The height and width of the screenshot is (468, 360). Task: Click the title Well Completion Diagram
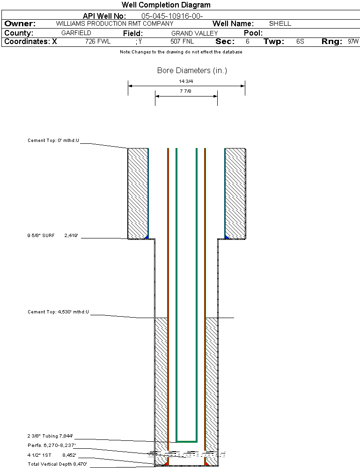click(x=166, y=5)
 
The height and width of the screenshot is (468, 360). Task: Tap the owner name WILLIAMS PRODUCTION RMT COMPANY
click(x=114, y=23)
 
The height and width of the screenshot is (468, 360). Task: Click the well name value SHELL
click(x=280, y=23)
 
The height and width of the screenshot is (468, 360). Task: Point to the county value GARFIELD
click(x=76, y=33)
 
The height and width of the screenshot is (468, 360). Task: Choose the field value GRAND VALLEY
click(x=194, y=33)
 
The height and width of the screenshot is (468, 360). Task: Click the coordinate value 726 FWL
click(x=98, y=42)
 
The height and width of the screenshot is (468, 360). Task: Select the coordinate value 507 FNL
click(x=182, y=42)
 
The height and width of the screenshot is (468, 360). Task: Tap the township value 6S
click(x=300, y=42)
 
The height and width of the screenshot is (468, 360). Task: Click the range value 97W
click(x=353, y=42)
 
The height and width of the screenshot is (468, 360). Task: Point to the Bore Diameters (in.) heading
click(x=192, y=71)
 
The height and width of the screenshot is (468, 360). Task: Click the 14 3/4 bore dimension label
click(x=186, y=81)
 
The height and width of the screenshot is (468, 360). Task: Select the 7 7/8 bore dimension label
click(x=186, y=91)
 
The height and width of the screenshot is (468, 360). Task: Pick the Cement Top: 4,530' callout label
click(x=58, y=312)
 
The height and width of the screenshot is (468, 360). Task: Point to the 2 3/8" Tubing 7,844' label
click(x=56, y=436)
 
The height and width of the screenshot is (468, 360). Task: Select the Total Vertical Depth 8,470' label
click(x=57, y=464)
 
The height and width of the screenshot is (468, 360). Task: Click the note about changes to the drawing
click(x=181, y=52)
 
